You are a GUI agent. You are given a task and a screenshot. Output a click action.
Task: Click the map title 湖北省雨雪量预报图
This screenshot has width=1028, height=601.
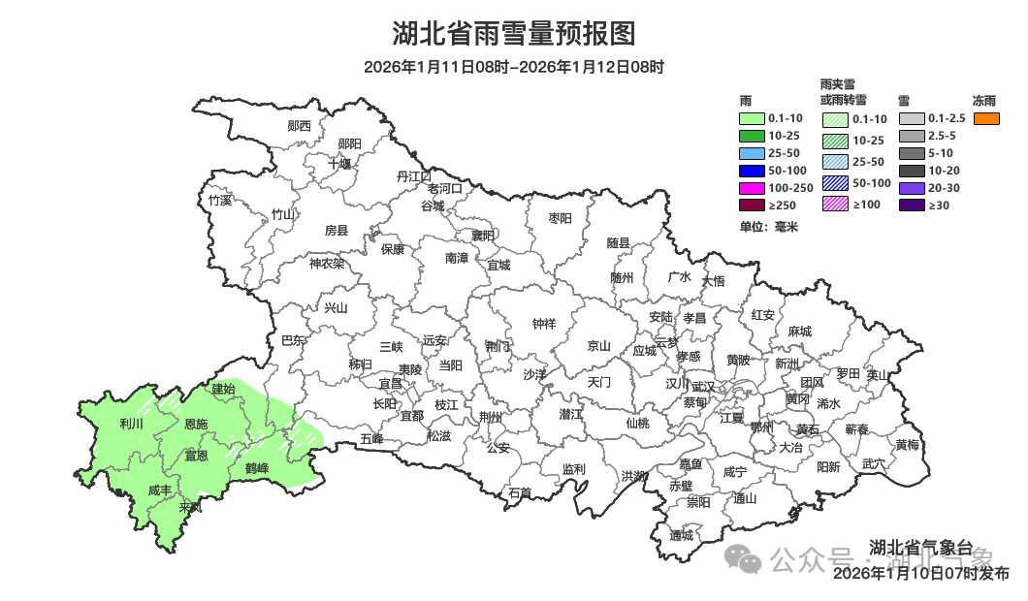point(513,34)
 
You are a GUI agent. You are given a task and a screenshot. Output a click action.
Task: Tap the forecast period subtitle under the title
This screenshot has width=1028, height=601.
point(513,67)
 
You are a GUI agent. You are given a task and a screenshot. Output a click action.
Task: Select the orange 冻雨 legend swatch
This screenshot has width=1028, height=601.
point(986,118)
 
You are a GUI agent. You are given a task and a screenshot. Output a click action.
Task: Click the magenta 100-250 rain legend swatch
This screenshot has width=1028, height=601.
point(753,188)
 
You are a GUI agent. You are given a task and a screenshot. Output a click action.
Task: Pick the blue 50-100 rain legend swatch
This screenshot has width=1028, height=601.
point(753,171)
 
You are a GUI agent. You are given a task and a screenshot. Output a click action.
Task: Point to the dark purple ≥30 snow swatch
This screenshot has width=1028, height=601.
point(911,206)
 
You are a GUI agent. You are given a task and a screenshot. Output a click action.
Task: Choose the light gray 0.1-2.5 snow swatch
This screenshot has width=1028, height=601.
point(911,118)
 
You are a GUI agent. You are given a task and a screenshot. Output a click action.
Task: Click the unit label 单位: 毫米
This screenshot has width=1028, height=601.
point(768,226)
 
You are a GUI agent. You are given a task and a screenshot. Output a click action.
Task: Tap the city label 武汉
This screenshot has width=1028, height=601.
point(702,387)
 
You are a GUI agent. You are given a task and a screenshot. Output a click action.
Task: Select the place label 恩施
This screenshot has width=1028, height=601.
point(196,425)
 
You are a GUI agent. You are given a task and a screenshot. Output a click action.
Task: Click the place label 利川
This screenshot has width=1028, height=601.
point(131,424)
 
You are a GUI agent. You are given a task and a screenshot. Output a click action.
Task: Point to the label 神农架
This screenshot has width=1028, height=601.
point(327,263)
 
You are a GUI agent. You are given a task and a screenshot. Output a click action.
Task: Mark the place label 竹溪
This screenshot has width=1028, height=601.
point(220,201)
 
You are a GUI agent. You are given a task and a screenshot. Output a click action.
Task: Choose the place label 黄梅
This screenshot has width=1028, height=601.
point(908,445)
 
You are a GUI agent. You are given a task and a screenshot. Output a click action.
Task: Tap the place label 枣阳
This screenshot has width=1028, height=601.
point(561,218)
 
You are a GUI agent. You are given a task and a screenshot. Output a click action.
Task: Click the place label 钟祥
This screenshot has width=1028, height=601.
point(544,324)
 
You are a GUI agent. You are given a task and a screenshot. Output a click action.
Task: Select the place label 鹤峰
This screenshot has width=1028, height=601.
point(257,469)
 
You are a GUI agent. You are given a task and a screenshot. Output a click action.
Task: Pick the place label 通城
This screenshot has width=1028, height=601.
point(682,535)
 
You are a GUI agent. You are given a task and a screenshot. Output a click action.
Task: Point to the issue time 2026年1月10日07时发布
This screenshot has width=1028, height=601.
point(921,574)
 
